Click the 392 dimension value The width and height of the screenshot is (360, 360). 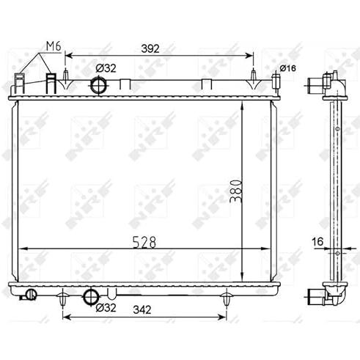(150, 48)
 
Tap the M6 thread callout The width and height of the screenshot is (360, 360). (54, 46)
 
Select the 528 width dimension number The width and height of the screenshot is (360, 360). (144, 242)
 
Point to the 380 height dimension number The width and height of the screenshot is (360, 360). (236, 191)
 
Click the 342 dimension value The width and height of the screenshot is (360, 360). (142, 310)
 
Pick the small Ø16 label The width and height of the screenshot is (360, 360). (288, 68)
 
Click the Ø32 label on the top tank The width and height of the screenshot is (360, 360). (106, 68)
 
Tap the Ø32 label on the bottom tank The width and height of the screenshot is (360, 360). (106, 308)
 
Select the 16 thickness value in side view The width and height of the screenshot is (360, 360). (317, 242)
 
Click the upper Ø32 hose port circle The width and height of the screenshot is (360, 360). (99, 85)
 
